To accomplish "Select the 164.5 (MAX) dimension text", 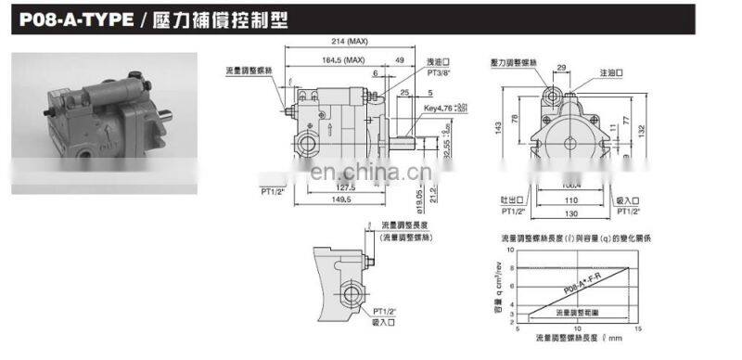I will (338, 61).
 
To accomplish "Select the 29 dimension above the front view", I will (562, 67).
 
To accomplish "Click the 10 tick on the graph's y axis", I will (508, 251).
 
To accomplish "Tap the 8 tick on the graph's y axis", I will (509, 268).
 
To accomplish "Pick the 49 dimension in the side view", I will (400, 61).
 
